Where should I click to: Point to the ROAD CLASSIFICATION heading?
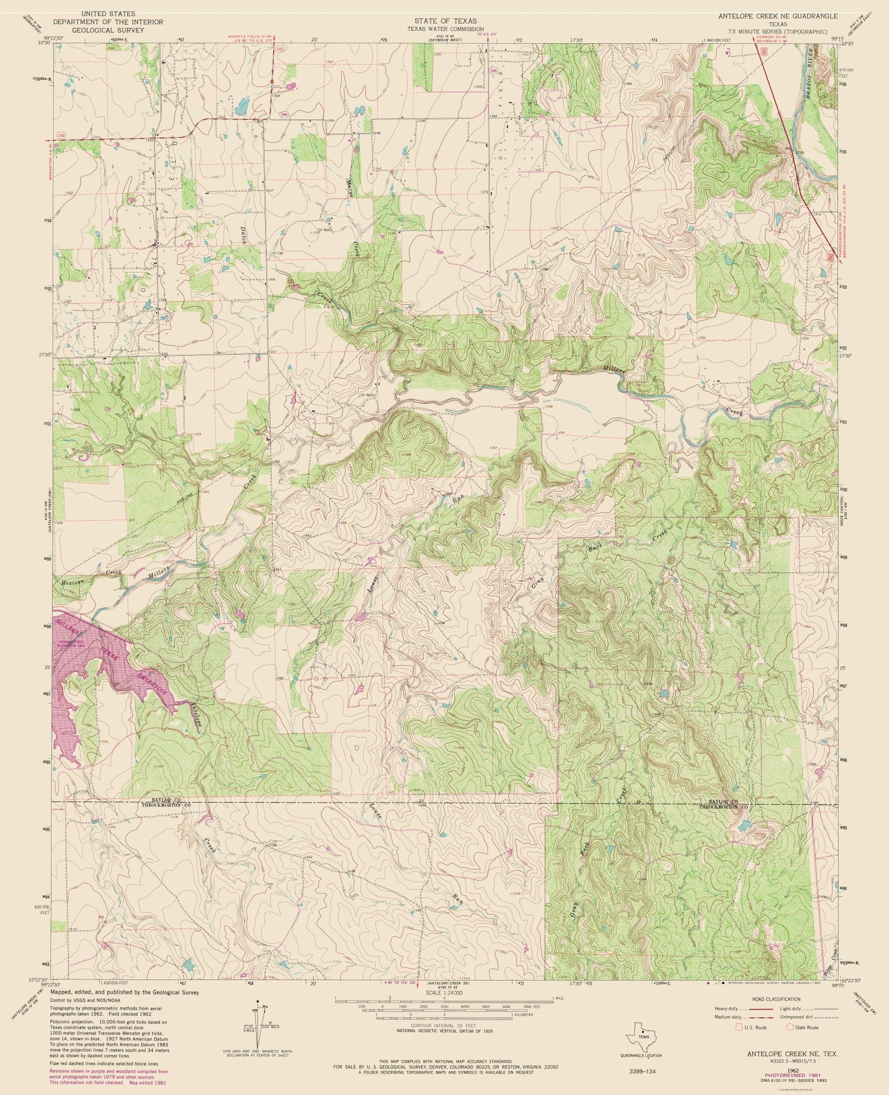point(776,1000)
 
